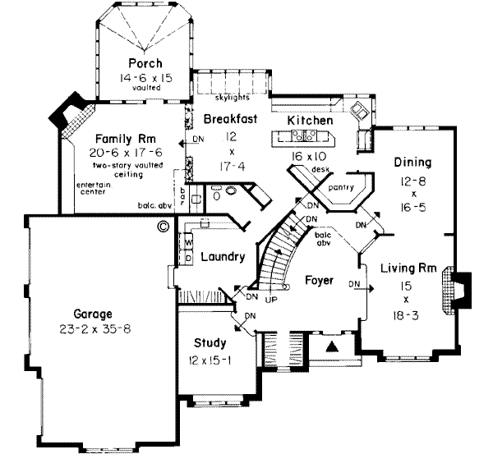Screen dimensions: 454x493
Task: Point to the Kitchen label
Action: click(310, 121)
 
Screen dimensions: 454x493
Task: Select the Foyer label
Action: click(319, 281)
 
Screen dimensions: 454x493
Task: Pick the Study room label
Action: click(210, 342)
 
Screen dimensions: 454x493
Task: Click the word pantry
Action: click(340, 187)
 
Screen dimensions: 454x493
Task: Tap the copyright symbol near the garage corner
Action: click(163, 223)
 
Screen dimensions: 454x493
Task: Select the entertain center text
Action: click(94, 190)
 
